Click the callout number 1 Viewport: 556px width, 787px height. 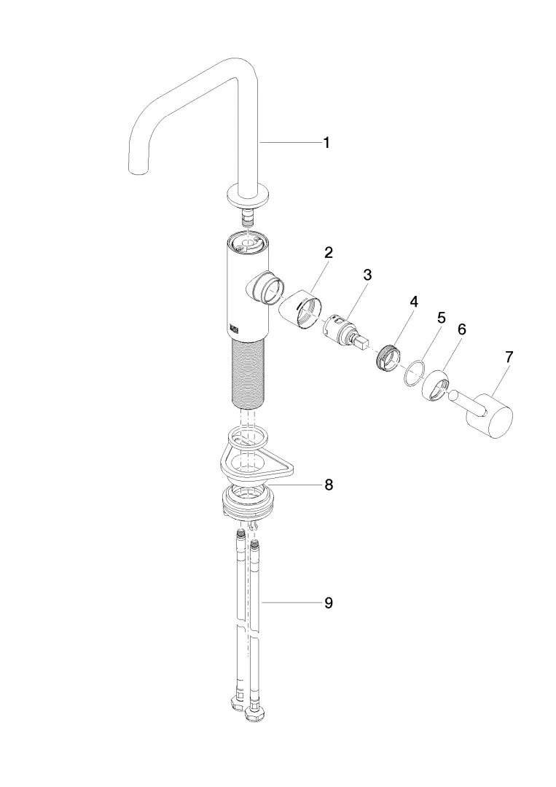(326, 144)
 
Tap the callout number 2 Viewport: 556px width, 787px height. (329, 254)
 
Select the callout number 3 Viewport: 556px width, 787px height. (368, 275)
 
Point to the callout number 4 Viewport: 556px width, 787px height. (413, 300)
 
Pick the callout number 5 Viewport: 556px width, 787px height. (440, 318)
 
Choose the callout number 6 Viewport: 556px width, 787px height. (461, 329)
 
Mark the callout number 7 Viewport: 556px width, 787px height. (509, 357)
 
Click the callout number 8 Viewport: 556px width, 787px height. (329, 485)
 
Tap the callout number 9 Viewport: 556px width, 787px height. (328, 603)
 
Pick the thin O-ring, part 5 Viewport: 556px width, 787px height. (413, 372)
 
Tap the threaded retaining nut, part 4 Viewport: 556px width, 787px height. (388, 356)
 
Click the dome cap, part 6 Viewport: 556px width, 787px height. (438, 385)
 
